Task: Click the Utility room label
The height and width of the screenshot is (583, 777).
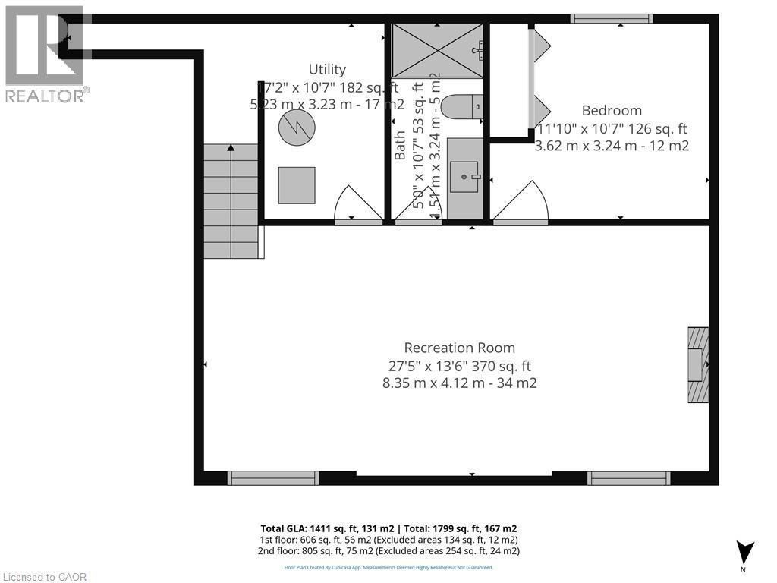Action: [x=327, y=70]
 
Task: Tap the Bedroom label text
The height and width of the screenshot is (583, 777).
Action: [x=612, y=111]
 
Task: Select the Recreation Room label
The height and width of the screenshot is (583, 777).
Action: [x=459, y=348]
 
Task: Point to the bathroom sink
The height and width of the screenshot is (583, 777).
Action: [x=464, y=177]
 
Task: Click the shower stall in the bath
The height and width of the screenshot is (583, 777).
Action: [x=437, y=50]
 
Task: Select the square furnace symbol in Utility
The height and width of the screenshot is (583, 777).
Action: [x=297, y=185]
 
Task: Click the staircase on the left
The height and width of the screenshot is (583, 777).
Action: [x=231, y=201]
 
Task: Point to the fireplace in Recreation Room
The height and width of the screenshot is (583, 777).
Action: [x=698, y=365]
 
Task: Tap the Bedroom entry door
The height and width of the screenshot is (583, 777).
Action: [x=521, y=203]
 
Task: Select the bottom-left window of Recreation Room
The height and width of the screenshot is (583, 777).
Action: [x=273, y=477]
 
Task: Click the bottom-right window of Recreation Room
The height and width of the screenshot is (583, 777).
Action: [x=628, y=477]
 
